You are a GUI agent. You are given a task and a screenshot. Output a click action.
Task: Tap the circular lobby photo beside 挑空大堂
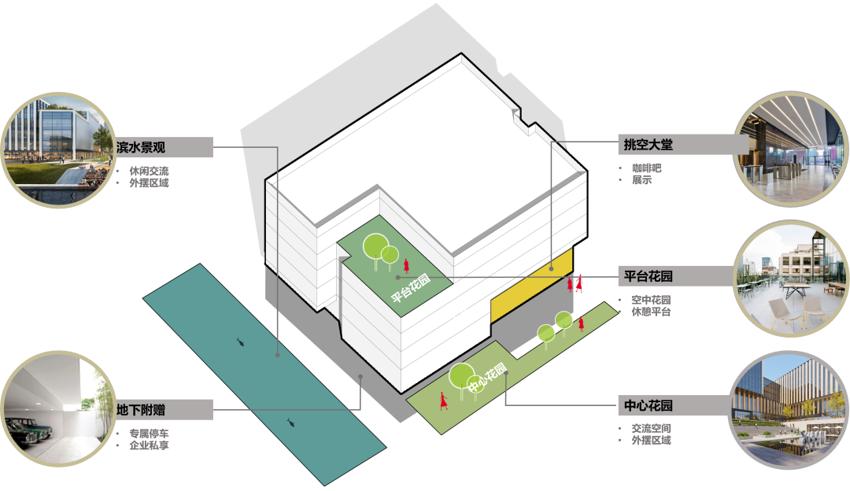click(x=790, y=150)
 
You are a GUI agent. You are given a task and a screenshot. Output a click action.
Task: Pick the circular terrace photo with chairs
click(x=790, y=278)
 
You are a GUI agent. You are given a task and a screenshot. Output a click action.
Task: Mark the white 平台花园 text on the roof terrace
click(x=412, y=286)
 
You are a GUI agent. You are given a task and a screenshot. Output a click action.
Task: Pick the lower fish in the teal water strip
click(x=290, y=423)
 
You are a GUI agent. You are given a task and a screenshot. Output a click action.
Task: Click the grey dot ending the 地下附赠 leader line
click(x=360, y=377)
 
